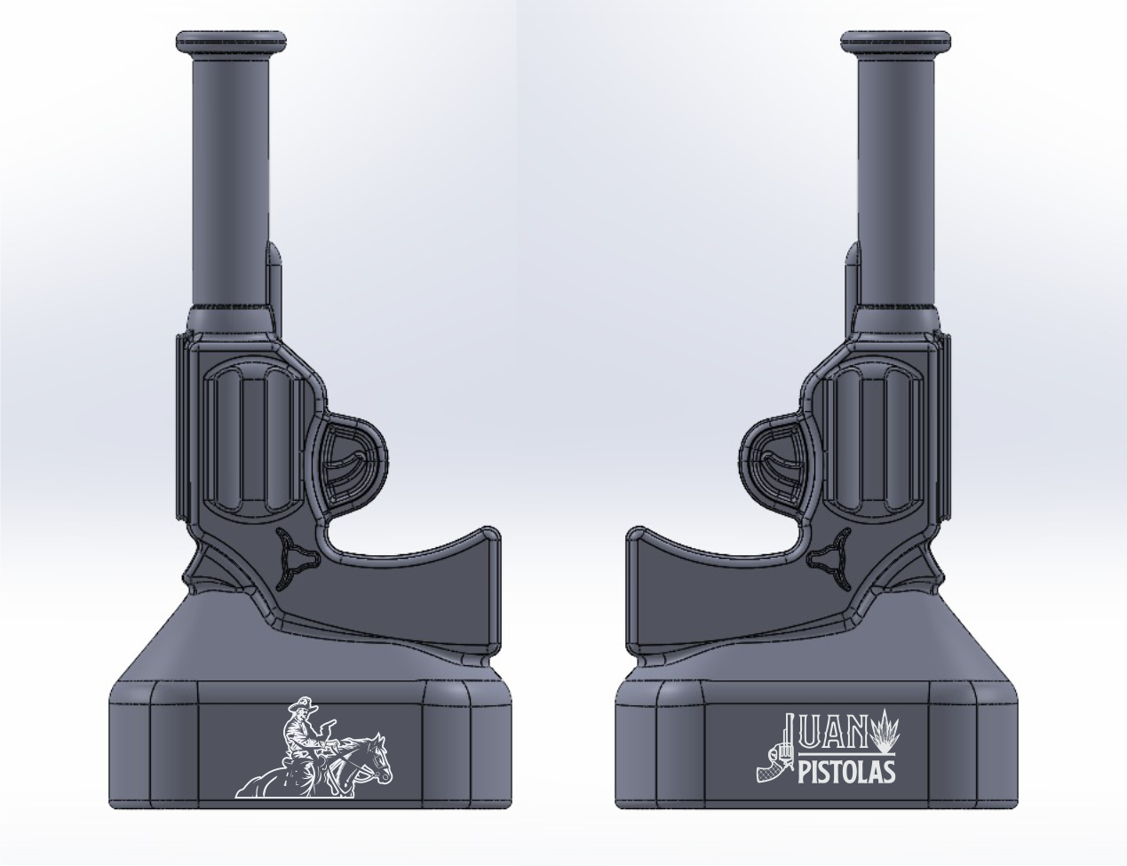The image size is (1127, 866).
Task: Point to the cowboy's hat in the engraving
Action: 301,706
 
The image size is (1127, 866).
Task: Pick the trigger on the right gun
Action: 782,467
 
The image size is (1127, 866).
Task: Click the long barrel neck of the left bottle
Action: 228,178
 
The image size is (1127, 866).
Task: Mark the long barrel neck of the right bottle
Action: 897,178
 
